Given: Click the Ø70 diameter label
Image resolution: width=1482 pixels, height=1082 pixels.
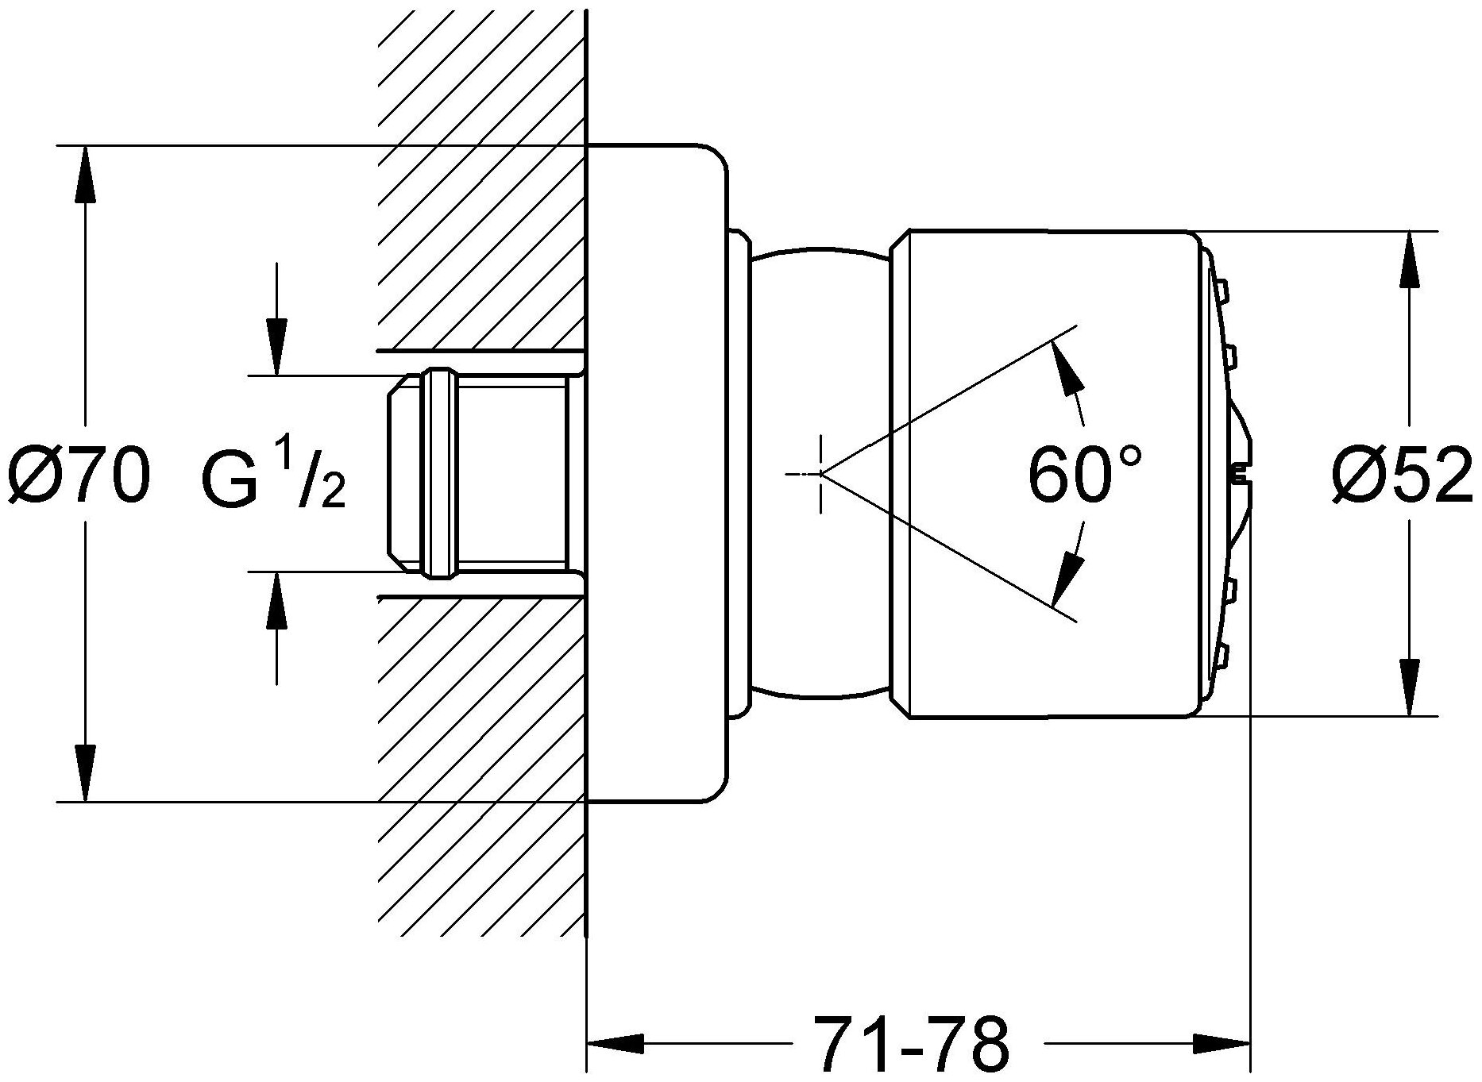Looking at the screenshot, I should pyautogui.click(x=78, y=476).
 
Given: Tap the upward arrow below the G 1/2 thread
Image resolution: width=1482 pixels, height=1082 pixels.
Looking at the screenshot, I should pyautogui.click(x=276, y=599).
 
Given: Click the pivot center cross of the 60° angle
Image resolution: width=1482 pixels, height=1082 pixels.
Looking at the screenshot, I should pyautogui.click(x=821, y=474).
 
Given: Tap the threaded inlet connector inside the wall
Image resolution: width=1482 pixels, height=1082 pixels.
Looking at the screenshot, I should pyautogui.click(x=477, y=473).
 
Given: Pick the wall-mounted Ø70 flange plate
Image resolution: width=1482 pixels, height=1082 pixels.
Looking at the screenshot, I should pyautogui.click(x=656, y=473).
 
